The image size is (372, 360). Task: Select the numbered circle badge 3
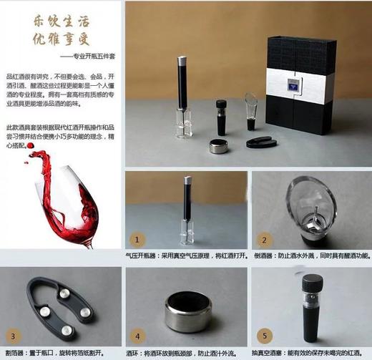(13, 335)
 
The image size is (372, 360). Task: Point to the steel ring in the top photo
(219, 147)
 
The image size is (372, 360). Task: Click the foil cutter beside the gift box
(260, 142)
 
